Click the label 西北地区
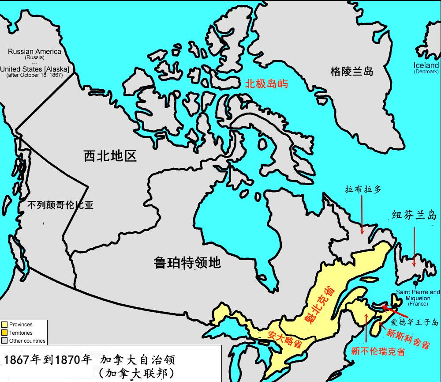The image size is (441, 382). (x=110, y=155)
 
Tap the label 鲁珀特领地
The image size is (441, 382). (x=187, y=263)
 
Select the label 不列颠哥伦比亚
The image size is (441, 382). (x=60, y=205)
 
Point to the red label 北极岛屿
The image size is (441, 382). (x=266, y=83)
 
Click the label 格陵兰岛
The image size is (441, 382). (x=352, y=71)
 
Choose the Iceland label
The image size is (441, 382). (x=426, y=65)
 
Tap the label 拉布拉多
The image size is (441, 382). (x=363, y=189)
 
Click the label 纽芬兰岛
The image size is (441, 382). (x=414, y=215)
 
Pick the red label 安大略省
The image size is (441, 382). (x=284, y=338)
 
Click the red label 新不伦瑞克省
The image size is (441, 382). (x=378, y=352)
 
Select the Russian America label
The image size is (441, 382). (x=34, y=52)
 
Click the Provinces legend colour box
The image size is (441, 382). (x=5, y=325)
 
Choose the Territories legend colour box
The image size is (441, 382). (x=5, y=333)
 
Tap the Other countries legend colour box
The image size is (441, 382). (x=5, y=341)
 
